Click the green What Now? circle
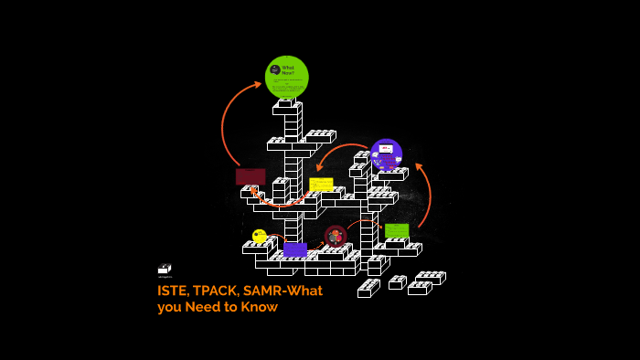[286, 78]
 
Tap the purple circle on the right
[386, 154]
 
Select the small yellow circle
[259, 236]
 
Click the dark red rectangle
[251, 176]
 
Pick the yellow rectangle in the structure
[321, 185]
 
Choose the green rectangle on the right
[397, 230]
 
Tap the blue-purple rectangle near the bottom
[294, 249]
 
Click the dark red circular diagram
[336, 237]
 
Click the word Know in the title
[260, 307]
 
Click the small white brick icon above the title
[165, 269]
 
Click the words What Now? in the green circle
[288, 69]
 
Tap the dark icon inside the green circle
[274, 70]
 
